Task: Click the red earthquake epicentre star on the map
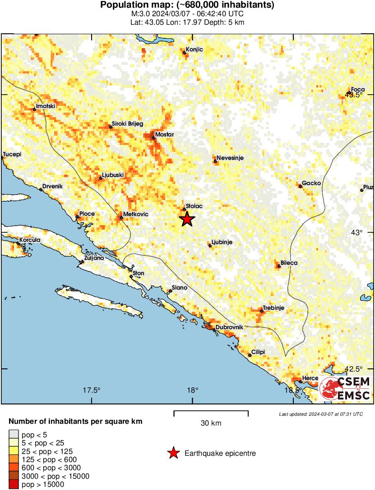pyautogui.click(x=187, y=219)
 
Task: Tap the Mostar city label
pyautogui.click(x=164, y=135)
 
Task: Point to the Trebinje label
pyautogui.click(x=273, y=308)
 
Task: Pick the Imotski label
pyautogui.click(x=46, y=106)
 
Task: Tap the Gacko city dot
pyautogui.click(x=300, y=186)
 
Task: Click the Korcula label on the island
pyautogui.click(x=30, y=240)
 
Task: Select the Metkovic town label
pyautogui.click(x=136, y=214)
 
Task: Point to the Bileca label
pyautogui.click(x=289, y=263)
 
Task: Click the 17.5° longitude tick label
pyautogui.click(x=92, y=390)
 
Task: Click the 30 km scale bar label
pyautogui.click(x=211, y=423)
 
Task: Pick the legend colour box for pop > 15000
pyautogui.click(x=14, y=485)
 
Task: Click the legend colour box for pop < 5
pyautogui.click(x=14, y=435)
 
